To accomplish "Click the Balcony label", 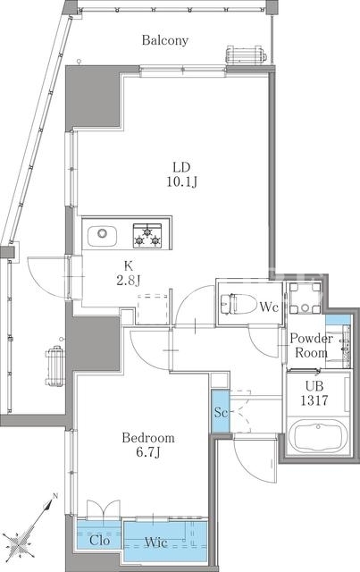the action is (165, 40).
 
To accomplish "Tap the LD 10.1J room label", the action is (181, 174).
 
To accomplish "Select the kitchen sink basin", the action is (102, 236).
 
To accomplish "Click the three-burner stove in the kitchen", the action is (147, 236).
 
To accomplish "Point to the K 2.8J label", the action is (129, 273).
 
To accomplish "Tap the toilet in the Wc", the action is (239, 303).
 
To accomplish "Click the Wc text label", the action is (269, 307).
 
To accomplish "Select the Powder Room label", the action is (311, 346).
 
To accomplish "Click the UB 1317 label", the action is (314, 393).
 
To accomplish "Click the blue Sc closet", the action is (221, 411).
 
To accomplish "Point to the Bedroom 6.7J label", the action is (148, 445).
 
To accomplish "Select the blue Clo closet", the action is (99, 535).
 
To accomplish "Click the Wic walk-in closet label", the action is (156, 543).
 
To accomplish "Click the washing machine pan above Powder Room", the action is (306, 298).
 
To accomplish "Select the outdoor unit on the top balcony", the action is (246, 55).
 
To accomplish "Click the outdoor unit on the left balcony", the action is (55, 366).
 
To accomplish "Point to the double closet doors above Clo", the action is (104, 509).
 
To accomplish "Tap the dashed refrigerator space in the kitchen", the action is (153, 309).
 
